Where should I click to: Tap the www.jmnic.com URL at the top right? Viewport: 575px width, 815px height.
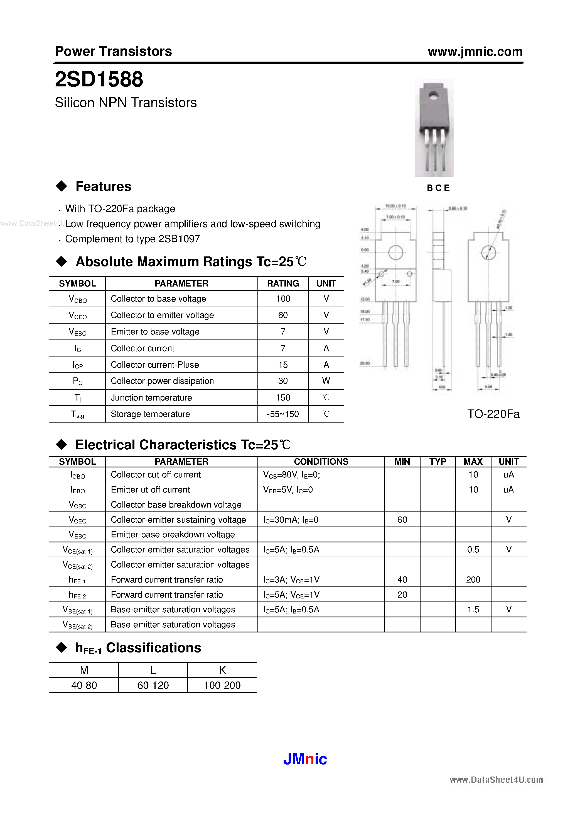(x=475, y=52)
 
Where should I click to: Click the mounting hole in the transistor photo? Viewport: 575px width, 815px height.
(x=433, y=95)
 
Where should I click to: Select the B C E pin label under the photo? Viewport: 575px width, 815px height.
(x=438, y=188)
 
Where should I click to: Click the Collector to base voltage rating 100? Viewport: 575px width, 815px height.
(x=282, y=299)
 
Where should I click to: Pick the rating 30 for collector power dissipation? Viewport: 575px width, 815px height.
(x=282, y=381)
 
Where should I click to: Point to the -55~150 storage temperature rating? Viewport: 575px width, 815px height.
(x=282, y=414)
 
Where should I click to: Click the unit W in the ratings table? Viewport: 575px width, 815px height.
(x=326, y=381)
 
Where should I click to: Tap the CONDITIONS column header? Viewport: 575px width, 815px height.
(x=321, y=462)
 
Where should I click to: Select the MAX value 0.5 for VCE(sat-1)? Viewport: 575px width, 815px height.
(x=473, y=549)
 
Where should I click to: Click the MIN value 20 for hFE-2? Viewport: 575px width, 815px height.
(x=402, y=595)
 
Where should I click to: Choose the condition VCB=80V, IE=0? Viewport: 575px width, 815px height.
(x=291, y=475)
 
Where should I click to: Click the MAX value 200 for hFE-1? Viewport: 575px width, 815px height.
(x=473, y=580)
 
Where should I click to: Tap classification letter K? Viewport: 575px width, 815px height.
(x=222, y=670)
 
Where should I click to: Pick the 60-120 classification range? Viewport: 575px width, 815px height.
(x=153, y=685)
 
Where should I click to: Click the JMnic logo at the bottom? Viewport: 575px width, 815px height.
(x=305, y=759)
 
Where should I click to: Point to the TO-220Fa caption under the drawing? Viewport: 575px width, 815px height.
(x=493, y=414)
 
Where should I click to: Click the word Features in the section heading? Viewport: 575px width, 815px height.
(x=104, y=186)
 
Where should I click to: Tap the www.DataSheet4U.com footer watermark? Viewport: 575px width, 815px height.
(x=496, y=780)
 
